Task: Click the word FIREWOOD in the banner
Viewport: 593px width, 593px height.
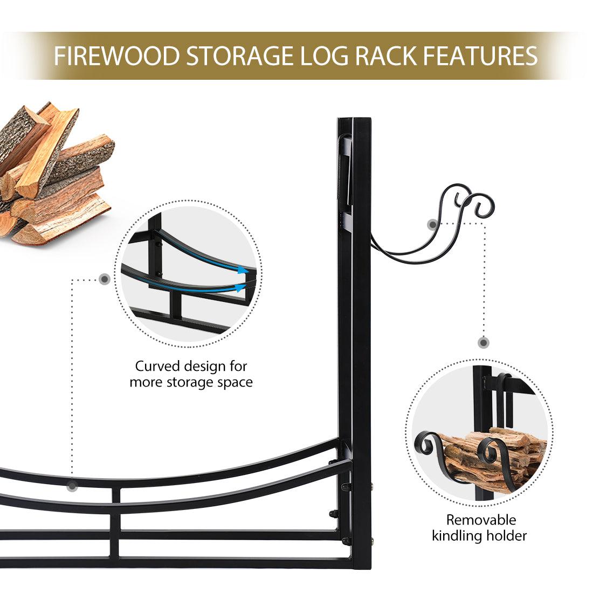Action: (116, 56)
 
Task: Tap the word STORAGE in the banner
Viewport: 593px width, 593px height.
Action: (240, 56)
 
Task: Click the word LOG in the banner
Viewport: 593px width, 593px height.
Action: (324, 56)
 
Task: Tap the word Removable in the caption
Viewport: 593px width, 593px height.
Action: (481, 520)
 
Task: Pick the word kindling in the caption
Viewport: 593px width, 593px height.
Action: (457, 535)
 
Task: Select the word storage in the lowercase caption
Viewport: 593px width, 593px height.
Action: (190, 382)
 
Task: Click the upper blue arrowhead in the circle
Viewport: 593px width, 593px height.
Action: (243, 270)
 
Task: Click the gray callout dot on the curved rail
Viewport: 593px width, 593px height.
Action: (72, 486)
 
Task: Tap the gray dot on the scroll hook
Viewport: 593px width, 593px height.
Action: (433, 224)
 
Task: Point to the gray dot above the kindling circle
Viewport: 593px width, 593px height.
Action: (484, 343)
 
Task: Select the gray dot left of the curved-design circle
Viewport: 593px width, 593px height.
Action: (105, 279)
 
